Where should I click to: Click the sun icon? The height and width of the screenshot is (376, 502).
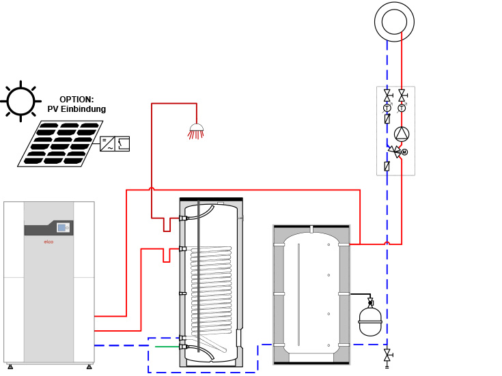[x=21, y=101]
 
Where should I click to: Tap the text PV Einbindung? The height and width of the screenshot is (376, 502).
[x=76, y=109]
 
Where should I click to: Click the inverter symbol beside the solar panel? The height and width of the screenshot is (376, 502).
[x=114, y=143]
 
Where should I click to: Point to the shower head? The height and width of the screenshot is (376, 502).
[x=195, y=130]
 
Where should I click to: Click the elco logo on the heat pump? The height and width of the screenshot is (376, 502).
[x=48, y=242]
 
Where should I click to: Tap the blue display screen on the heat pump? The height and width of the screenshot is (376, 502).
[x=63, y=228]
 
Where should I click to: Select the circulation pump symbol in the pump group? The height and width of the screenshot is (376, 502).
[x=402, y=134]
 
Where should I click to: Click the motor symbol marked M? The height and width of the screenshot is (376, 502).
[x=404, y=151]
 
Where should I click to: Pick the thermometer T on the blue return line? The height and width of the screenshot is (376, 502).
[x=387, y=107]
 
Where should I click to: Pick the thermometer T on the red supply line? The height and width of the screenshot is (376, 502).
[x=402, y=107]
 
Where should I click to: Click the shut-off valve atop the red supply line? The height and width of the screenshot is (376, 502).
[x=402, y=95]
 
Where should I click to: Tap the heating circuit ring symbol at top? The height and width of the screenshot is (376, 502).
[x=394, y=22]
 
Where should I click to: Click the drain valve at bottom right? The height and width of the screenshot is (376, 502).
[x=387, y=356]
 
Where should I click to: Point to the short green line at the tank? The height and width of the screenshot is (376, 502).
[x=167, y=347]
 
